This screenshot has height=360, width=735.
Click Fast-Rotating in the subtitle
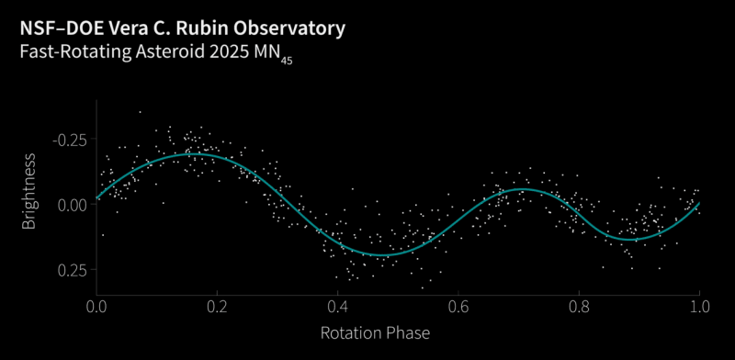click(x=72, y=53)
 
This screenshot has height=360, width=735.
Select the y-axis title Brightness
click(x=29, y=191)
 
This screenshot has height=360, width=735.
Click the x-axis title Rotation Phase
click(x=375, y=332)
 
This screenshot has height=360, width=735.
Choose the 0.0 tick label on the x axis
click(x=96, y=305)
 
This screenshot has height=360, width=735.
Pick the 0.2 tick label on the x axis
click(x=217, y=305)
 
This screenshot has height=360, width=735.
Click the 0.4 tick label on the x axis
click(x=338, y=305)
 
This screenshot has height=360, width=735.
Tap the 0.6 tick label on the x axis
click(x=458, y=305)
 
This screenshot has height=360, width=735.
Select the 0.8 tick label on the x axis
click(x=579, y=305)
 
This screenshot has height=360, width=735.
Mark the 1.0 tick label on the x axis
click(x=699, y=305)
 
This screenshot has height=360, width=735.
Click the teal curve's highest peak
click(x=190, y=154)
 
